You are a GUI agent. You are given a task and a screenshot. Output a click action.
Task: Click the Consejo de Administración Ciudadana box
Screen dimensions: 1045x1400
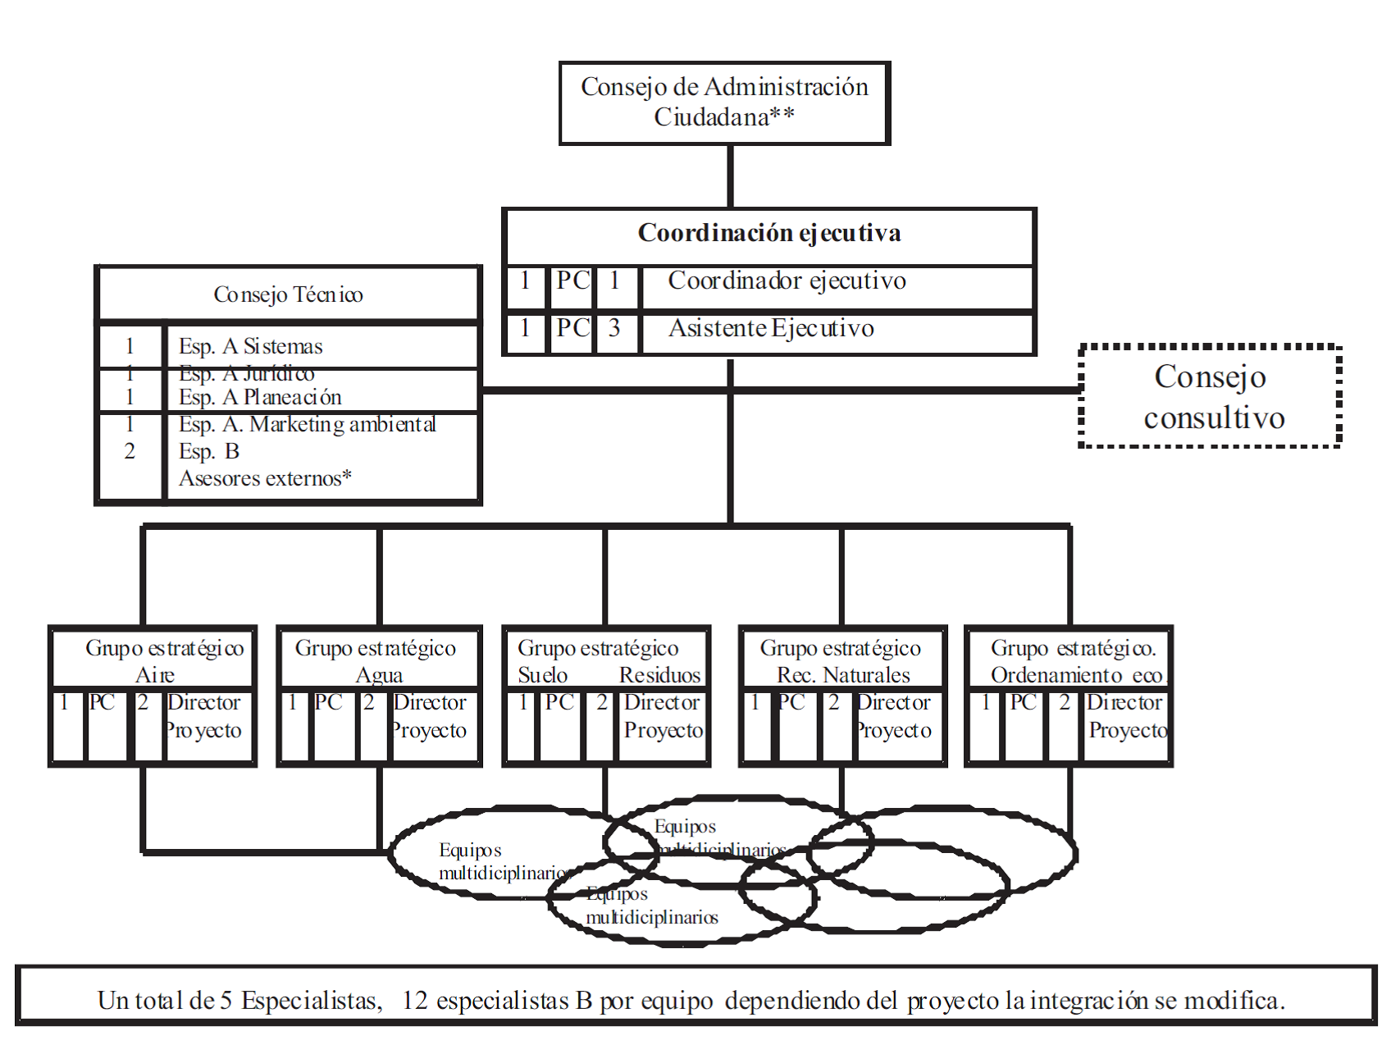tap(725, 103)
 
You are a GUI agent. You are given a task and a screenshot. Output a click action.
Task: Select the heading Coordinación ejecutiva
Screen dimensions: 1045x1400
tap(769, 234)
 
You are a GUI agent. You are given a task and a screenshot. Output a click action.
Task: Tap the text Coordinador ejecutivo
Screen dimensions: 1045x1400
tap(787, 281)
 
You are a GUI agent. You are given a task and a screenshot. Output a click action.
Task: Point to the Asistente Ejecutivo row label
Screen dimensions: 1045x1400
tap(771, 329)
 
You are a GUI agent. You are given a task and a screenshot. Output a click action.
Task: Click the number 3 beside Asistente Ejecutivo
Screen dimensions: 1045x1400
tap(614, 329)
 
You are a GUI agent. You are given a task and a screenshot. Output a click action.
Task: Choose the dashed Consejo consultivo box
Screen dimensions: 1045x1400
tap(1211, 397)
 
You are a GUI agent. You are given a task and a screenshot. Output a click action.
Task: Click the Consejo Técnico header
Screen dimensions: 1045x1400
tap(288, 294)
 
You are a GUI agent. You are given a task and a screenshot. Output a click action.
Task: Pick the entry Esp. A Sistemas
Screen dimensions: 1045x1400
tap(250, 346)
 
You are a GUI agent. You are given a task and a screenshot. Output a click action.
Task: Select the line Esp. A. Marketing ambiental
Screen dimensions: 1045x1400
tap(307, 424)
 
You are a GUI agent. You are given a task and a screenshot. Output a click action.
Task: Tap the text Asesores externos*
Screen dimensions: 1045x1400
tap(265, 478)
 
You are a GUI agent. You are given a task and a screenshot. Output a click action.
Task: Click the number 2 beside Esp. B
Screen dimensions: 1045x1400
tap(130, 451)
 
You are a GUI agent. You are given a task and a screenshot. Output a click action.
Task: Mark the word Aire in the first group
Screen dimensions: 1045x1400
tap(155, 675)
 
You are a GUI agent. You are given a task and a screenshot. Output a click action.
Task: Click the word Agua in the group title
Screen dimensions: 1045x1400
tap(379, 675)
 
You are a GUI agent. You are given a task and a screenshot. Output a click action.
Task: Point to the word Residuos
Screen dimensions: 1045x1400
tap(659, 675)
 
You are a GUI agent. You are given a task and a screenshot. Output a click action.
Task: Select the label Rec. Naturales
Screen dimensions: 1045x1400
tap(843, 675)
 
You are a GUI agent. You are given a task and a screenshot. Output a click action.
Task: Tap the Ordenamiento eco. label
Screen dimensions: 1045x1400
tap(1077, 675)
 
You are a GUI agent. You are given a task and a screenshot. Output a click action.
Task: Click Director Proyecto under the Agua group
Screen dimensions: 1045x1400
tap(429, 716)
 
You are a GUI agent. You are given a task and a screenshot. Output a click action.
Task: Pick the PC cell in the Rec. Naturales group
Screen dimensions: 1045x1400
tap(791, 703)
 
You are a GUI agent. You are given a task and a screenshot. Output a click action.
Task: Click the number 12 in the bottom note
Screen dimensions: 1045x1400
tap(415, 1001)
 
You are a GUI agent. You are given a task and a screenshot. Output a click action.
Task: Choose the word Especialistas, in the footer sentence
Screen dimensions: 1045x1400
tap(311, 1001)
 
